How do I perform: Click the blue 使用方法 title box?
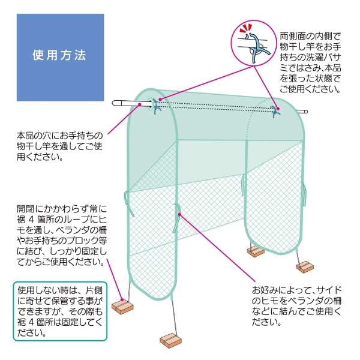tap(60, 57)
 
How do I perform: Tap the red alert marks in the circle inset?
tap(246, 29)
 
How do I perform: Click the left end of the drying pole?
tap(113, 103)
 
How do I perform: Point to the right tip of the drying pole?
tap(307, 112)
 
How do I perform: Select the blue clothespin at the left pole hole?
tap(156, 106)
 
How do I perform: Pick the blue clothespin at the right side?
tap(275, 112)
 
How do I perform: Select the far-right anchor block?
tap(305, 267)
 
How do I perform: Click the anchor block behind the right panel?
tap(256, 251)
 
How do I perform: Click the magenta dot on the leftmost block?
tap(122, 299)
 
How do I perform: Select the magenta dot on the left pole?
tap(139, 104)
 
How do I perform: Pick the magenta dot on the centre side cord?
tap(179, 214)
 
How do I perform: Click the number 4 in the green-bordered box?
tap(31, 322)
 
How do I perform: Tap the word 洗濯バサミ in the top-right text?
tap(318, 57)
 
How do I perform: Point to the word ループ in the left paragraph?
tap(73, 220)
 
